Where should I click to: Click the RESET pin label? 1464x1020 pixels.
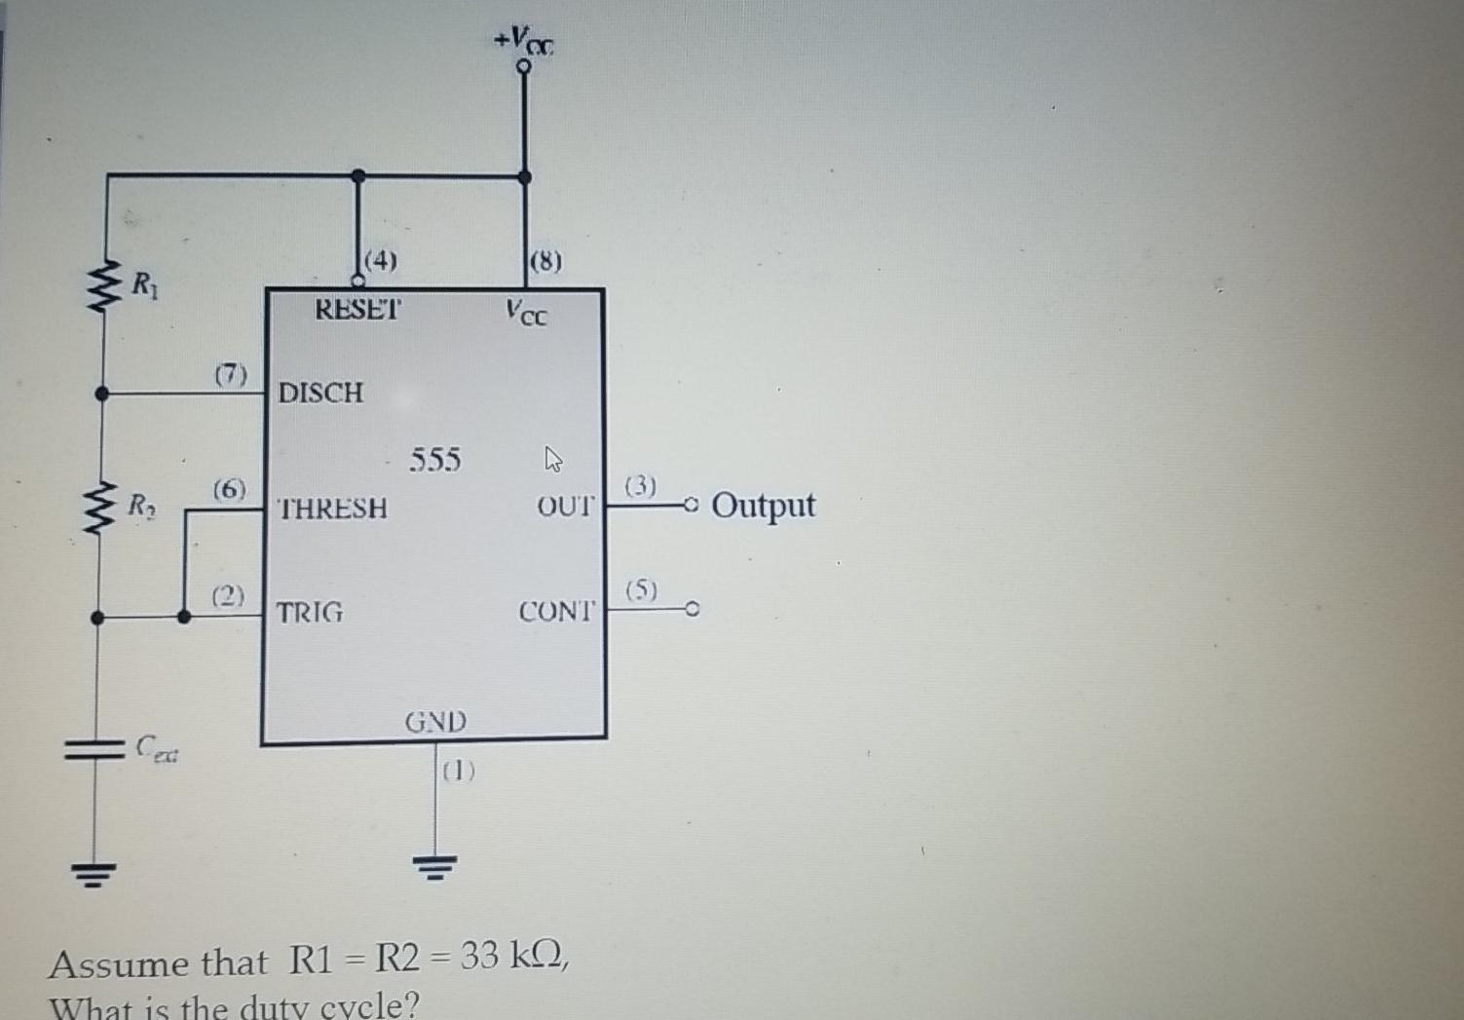[x=356, y=310]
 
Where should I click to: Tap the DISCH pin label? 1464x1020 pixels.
[x=320, y=393]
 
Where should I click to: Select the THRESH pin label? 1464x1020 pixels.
[x=332, y=509]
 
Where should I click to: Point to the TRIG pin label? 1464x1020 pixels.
[x=310, y=613]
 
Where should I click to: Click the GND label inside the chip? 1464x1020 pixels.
[x=435, y=722]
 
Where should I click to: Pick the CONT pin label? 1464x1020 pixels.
[x=555, y=612]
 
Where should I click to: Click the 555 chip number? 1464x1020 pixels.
[x=434, y=459]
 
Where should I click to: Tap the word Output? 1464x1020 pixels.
[x=763, y=506]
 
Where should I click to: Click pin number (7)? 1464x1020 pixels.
[x=231, y=374]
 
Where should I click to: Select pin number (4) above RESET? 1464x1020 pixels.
[x=380, y=260]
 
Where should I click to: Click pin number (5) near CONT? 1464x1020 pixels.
[x=642, y=590]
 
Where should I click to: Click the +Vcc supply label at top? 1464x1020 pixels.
[x=524, y=40]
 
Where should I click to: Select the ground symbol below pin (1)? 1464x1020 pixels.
[x=434, y=863]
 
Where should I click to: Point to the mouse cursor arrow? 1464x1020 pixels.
[x=552, y=458]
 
